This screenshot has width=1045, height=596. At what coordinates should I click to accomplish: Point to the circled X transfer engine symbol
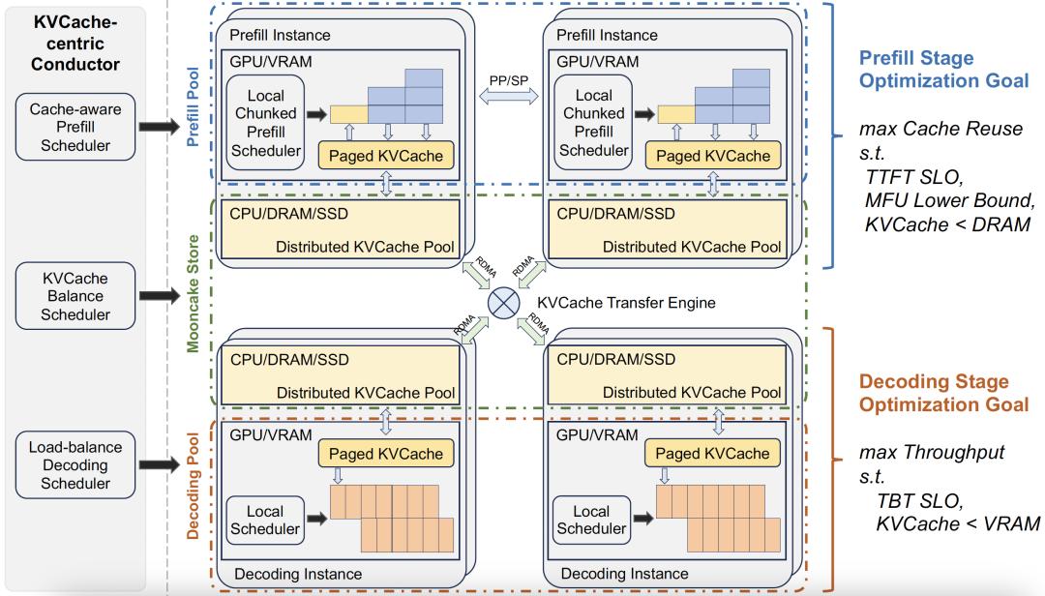503,303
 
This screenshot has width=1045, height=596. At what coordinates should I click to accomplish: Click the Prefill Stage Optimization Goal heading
943,69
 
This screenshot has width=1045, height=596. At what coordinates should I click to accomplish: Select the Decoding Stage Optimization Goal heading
943,393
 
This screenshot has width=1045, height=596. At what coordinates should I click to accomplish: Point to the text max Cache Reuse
940,129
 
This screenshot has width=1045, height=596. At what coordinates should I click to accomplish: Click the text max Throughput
932,453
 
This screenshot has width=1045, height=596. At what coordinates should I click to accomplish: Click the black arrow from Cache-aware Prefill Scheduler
159,127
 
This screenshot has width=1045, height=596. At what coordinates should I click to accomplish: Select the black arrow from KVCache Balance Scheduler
159,295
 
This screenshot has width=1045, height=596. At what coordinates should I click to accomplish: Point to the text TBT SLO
918,501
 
